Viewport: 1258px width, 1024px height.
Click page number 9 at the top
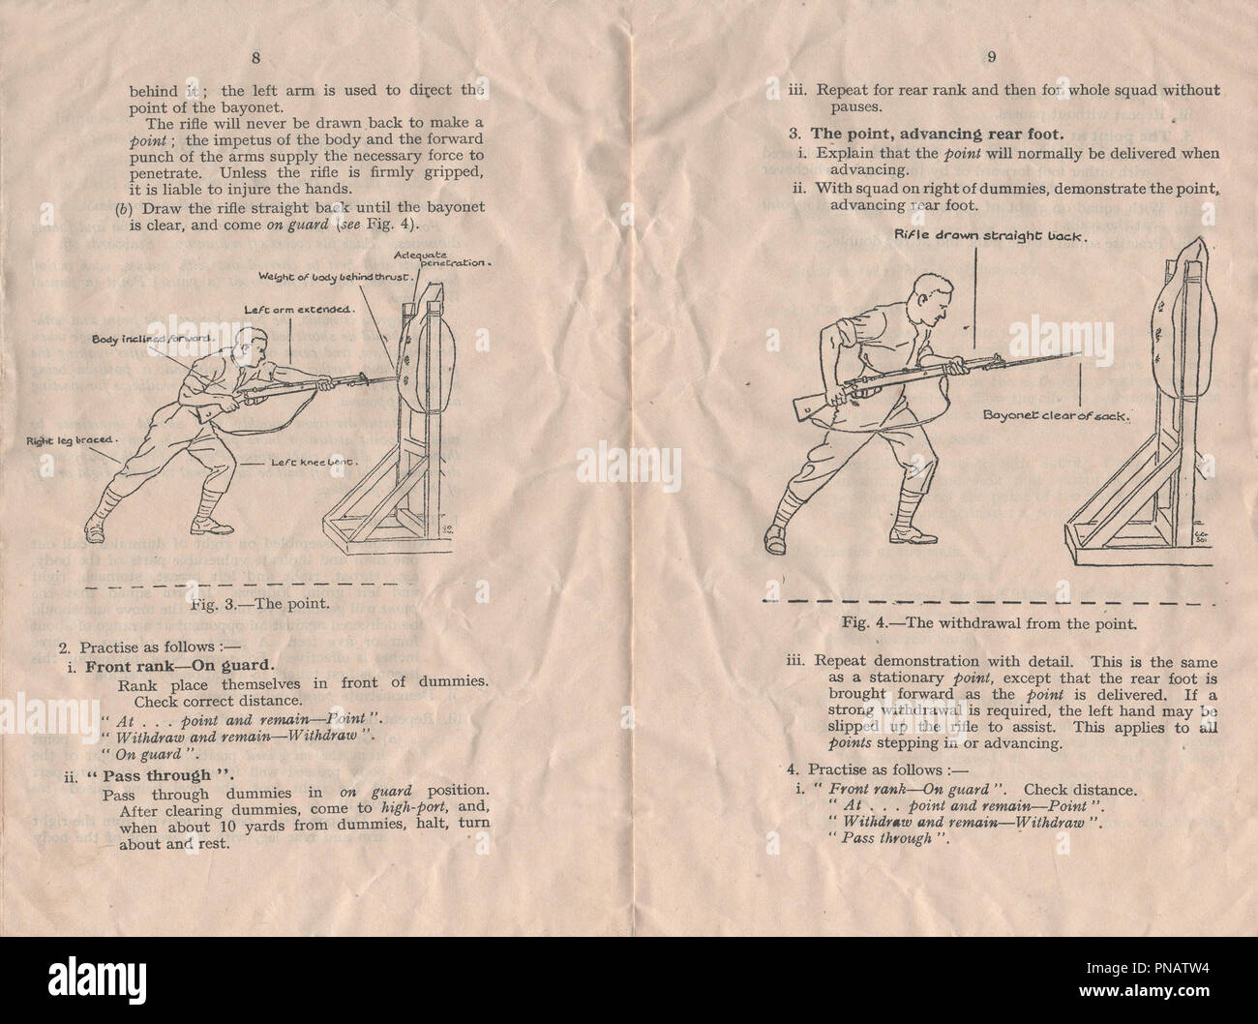tap(992, 56)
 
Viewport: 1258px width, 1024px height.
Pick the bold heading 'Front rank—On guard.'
tap(179, 666)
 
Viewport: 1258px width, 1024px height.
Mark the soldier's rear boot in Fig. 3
tap(97, 530)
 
